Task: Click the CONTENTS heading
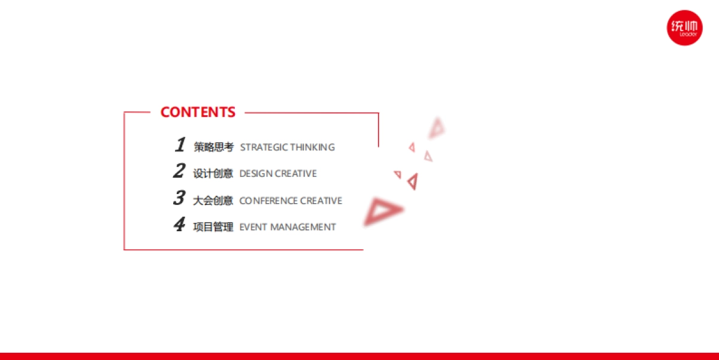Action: pyautogui.click(x=198, y=112)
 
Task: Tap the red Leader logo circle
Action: pyautogui.click(x=684, y=28)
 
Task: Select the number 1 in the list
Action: pyautogui.click(x=180, y=144)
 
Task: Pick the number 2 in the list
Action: pyautogui.click(x=179, y=171)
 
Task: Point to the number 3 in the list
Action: pyautogui.click(x=179, y=197)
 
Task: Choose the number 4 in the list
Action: pyautogui.click(x=179, y=224)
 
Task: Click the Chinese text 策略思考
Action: pyautogui.click(x=213, y=147)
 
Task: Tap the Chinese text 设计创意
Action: pyautogui.click(x=213, y=173)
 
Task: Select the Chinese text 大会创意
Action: pyautogui.click(x=213, y=201)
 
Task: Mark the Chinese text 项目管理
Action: pyautogui.click(x=213, y=227)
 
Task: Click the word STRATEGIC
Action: pyautogui.click(x=264, y=147)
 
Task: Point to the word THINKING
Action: pyautogui.click(x=313, y=147)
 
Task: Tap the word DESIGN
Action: pyautogui.click(x=256, y=174)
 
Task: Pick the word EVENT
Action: pyautogui.click(x=253, y=227)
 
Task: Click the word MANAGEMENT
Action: pyautogui.click(x=303, y=227)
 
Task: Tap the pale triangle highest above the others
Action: pyautogui.click(x=437, y=128)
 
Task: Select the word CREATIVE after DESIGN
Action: pyautogui.click(x=296, y=174)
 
